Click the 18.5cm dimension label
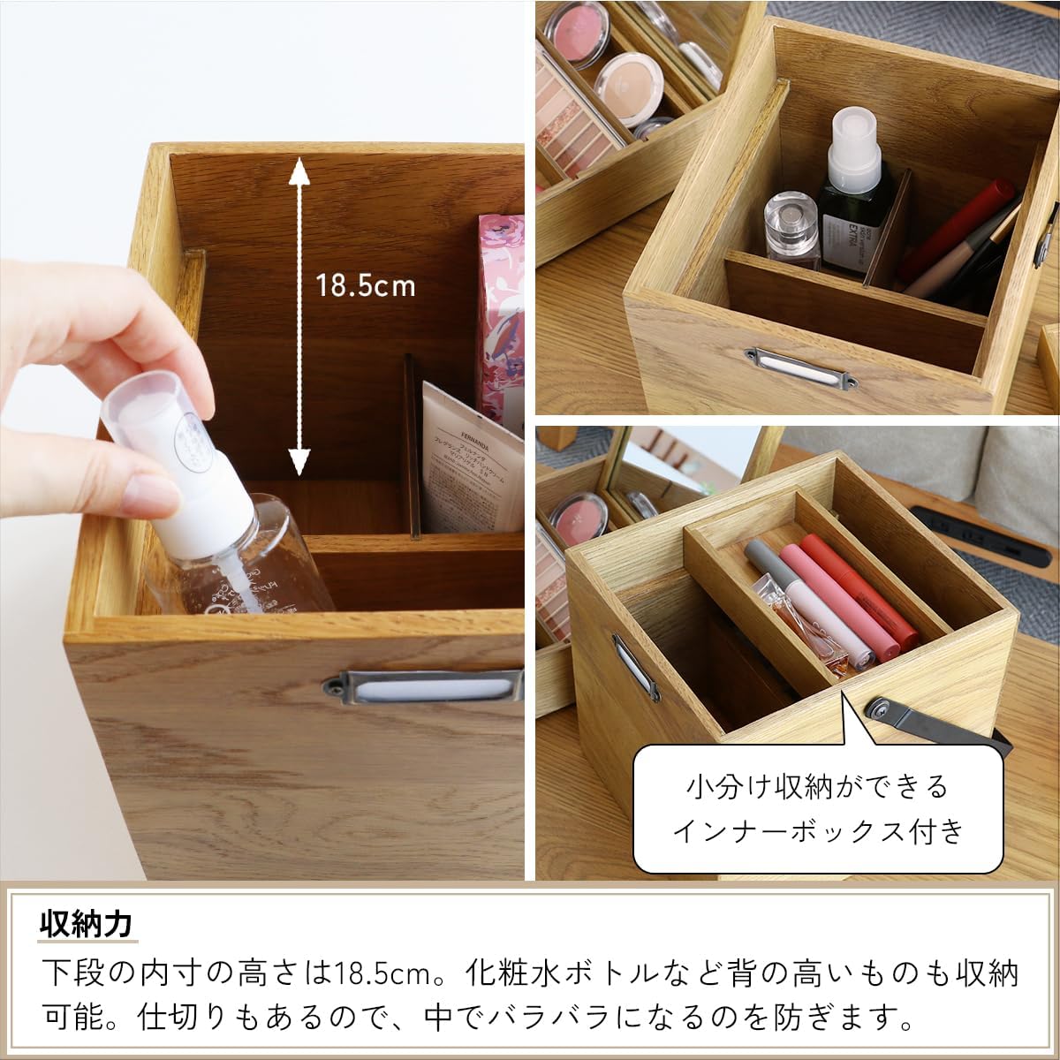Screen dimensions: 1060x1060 tap(366, 286)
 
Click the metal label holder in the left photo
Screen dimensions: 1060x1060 tap(424, 686)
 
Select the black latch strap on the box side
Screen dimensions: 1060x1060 tap(927, 724)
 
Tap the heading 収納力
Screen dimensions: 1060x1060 tap(86, 924)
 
